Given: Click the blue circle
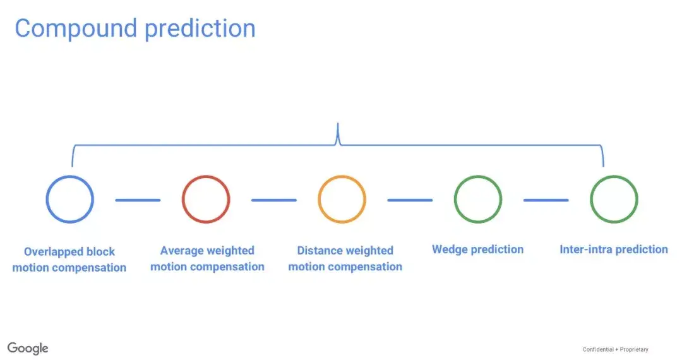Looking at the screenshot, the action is tap(47, 199).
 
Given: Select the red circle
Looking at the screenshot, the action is tap(183, 199).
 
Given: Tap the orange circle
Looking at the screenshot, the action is tap(320, 199).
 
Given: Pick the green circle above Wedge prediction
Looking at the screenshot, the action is tap(455, 199).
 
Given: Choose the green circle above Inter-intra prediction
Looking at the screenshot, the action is tap(592, 199).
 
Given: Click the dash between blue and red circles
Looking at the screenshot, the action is tap(138, 200).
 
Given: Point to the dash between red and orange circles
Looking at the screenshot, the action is tap(274, 200).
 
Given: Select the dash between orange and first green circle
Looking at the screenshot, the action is tap(410, 200).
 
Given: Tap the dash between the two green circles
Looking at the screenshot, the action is tap(546, 200).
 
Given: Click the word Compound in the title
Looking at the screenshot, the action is tap(76, 28).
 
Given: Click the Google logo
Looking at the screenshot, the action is tap(28, 348).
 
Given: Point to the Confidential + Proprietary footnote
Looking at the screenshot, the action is tap(616, 349).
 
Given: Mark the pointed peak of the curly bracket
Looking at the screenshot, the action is tap(338, 124).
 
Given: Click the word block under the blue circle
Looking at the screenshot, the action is tap(100, 251).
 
